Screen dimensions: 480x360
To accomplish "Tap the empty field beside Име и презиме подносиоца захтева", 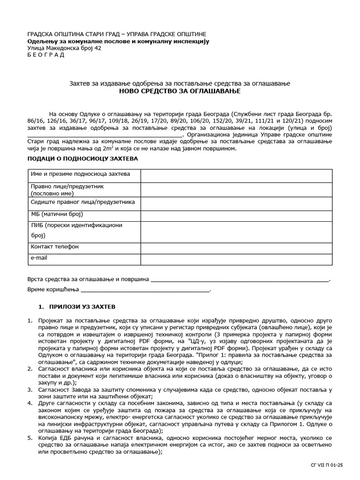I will tap(236, 175).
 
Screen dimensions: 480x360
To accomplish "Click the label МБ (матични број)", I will tap(56, 214).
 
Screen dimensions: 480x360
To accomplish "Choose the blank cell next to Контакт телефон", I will tap(236, 247).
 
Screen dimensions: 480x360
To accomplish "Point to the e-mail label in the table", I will tap(39, 257).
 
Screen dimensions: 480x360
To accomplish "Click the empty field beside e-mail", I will tap(236, 258).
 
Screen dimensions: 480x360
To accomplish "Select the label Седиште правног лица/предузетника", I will tap(82, 202).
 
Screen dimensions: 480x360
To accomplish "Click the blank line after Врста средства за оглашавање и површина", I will tap(240, 280).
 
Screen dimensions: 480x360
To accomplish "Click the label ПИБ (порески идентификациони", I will tap(76, 225).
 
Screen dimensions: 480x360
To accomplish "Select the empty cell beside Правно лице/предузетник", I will tap(236, 189).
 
